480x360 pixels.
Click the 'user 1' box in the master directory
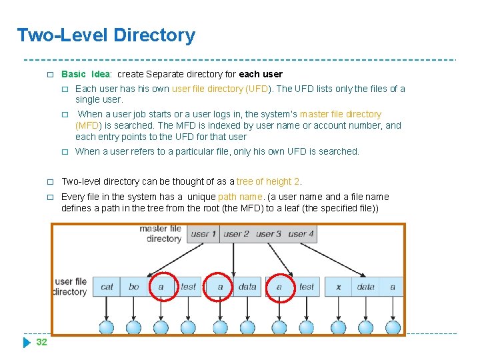tap(203, 234)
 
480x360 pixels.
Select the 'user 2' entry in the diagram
tap(236, 234)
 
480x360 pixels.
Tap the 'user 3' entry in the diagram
tap(268, 234)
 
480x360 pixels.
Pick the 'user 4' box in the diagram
tap(301, 234)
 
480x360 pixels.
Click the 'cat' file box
tap(107, 287)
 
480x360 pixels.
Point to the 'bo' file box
tap(134, 287)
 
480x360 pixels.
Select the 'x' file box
tap(338, 287)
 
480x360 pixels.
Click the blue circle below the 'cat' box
tap(107, 327)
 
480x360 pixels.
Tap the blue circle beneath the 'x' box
tap(338, 327)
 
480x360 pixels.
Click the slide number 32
tap(41, 342)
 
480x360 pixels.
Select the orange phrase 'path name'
tap(237, 197)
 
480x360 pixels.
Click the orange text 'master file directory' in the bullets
tap(341, 114)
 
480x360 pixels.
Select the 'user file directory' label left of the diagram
tap(71, 287)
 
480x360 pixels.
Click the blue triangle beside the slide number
tap(27, 343)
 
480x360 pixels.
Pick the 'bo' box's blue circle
tap(134, 327)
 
